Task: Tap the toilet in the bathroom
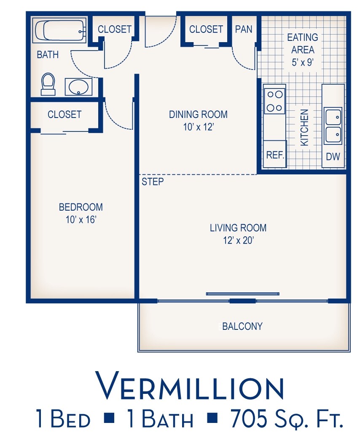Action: click(x=48, y=84)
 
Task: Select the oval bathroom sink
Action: click(x=78, y=87)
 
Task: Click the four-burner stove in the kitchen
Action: click(x=274, y=101)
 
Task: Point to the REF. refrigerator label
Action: click(x=275, y=155)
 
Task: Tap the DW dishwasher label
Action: click(x=333, y=156)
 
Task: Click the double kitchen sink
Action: click(x=333, y=126)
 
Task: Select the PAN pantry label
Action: click(x=244, y=29)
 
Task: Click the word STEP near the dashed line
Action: click(x=153, y=182)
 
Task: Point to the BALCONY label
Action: click(x=242, y=326)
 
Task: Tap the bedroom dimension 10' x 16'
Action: click(x=81, y=219)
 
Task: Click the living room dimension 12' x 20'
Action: click(x=238, y=241)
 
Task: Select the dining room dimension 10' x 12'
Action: click(x=198, y=127)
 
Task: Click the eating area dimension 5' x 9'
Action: click(x=302, y=62)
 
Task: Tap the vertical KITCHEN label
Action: click(x=304, y=127)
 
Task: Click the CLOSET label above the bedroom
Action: click(x=64, y=115)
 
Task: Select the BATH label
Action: click(x=48, y=54)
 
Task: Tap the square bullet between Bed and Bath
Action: click(x=110, y=417)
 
